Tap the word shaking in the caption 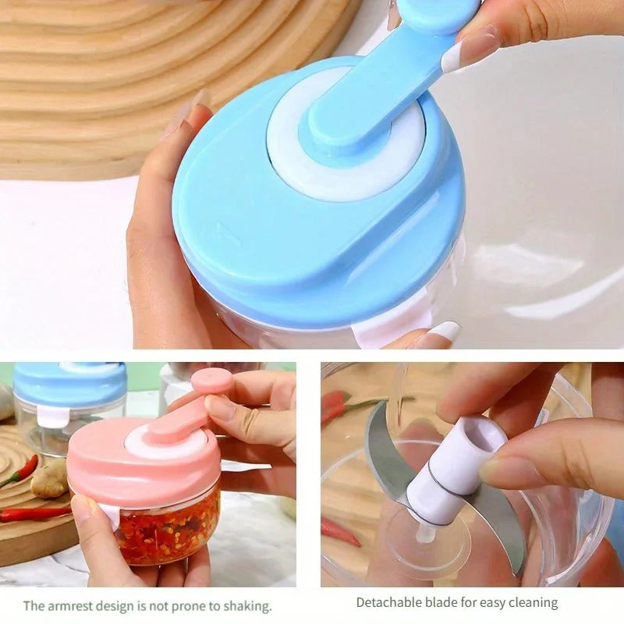point(246,607)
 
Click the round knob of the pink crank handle point(211,381)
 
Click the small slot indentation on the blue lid point(229,235)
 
